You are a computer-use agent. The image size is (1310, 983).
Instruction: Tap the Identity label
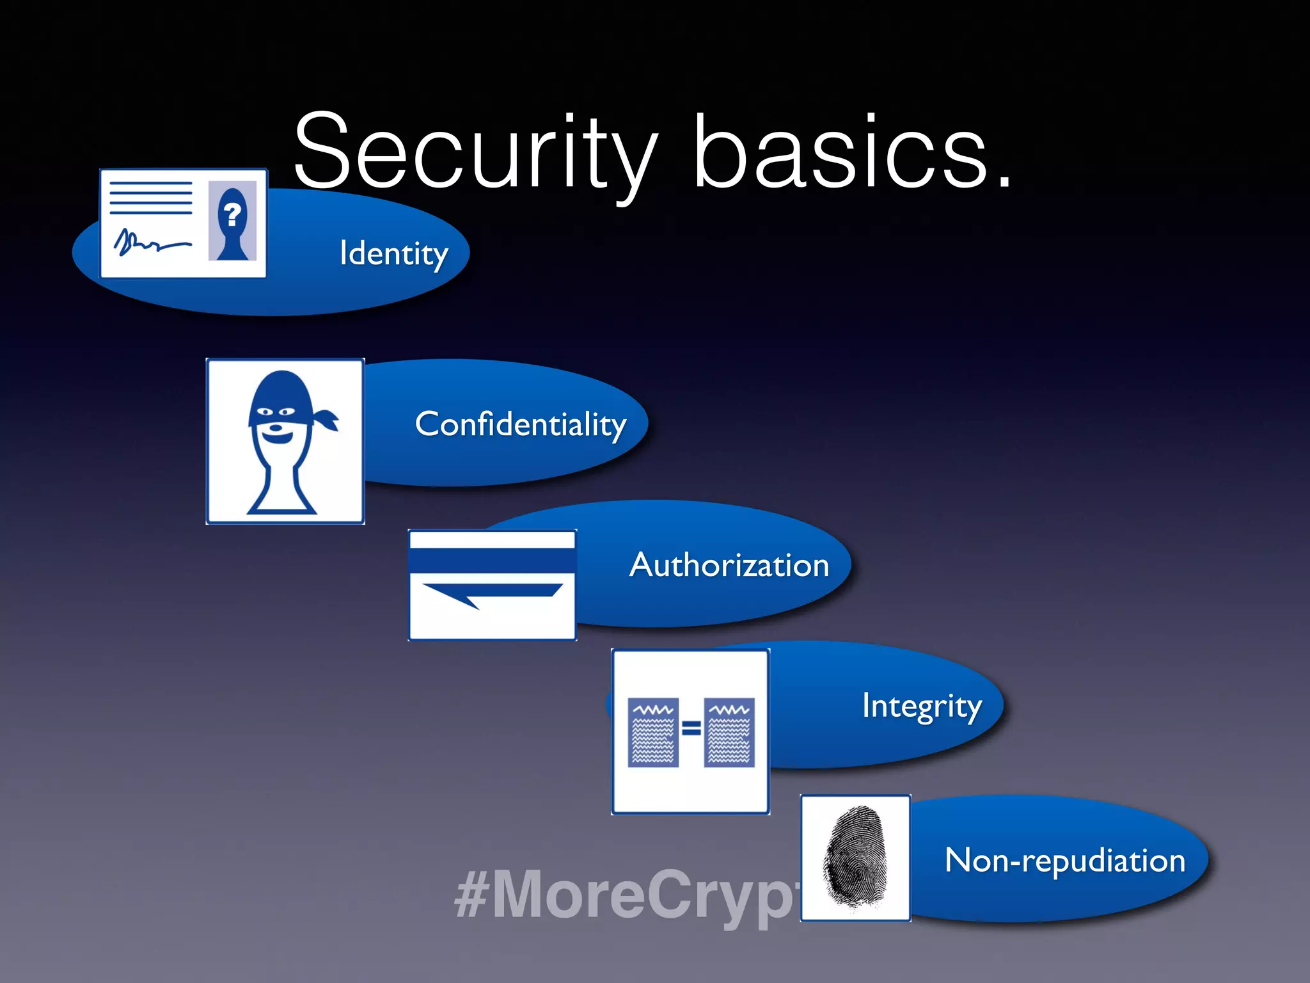(393, 253)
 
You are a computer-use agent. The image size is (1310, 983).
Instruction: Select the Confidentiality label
(520, 424)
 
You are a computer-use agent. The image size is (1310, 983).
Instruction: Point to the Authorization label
(729, 565)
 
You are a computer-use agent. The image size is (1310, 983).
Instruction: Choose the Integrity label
(921, 707)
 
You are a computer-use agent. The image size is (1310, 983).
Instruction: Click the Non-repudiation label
(1065, 860)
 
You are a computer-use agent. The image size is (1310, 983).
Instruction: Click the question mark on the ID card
(233, 213)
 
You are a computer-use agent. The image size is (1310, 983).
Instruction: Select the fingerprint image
(855, 858)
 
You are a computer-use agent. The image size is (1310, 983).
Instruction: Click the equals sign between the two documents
(691, 728)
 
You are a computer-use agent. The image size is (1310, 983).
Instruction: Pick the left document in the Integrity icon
(653, 732)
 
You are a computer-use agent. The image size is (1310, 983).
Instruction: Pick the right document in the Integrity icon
(729, 732)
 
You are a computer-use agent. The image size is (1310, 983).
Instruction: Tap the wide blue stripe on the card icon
(492, 561)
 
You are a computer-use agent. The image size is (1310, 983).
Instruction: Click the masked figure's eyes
(276, 412)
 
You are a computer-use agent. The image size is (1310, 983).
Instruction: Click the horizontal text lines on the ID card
(151, 198)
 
